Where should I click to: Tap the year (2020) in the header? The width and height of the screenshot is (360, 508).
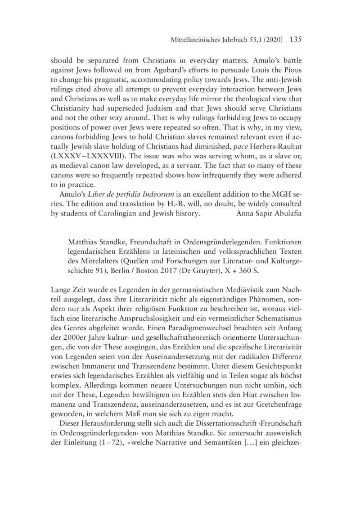(x=271, y=40)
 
